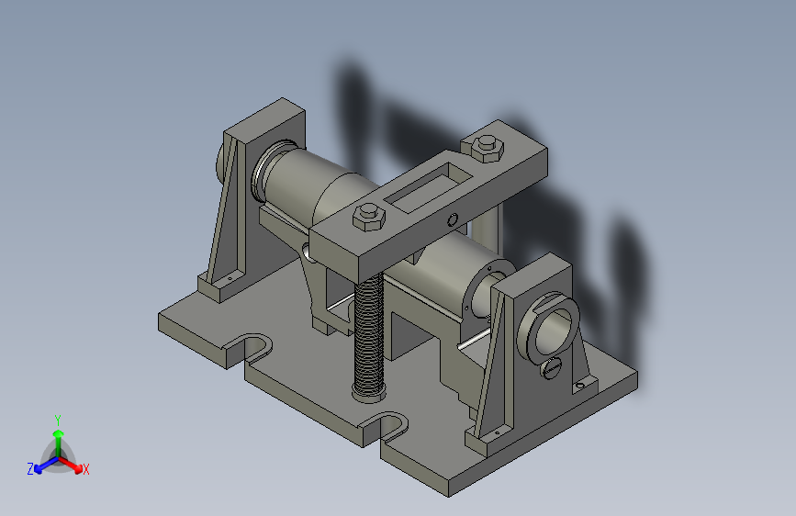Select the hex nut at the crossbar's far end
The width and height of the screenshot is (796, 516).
click(x=488, y=149)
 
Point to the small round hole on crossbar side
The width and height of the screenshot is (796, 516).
click(x=453, y=219)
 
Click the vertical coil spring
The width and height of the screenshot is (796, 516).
click(x=369, y=335)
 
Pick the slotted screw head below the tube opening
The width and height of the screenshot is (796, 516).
click(x=553, y=367)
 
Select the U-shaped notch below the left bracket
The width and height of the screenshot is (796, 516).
click(x=252, y=347)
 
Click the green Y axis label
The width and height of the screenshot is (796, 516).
click(x=57, y=420)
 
